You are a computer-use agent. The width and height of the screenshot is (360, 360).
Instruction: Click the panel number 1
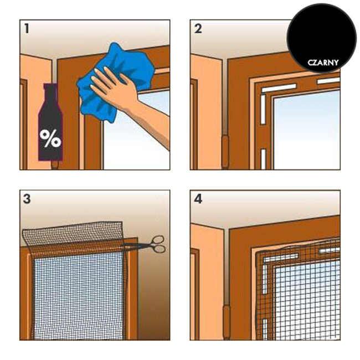(x=27, y=29)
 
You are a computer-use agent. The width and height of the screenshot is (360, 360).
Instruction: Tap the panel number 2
(x=198, y=29)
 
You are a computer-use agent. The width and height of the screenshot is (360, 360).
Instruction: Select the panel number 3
(x=27, y=199)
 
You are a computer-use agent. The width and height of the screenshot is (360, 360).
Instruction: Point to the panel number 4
(x=198, y=199)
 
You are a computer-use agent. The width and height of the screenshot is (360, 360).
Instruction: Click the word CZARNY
(x=323, y=63)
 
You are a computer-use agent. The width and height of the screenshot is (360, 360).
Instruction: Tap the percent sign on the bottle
(x=50, y=138)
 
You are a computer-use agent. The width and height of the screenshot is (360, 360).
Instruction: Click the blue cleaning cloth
(x=116, y=81)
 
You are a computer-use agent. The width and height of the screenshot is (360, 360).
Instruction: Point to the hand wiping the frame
(x=114, y=89)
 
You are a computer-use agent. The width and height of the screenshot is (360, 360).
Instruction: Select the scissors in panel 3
(x=147, y=245)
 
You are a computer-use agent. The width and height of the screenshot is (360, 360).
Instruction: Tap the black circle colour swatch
(x=322, y=38)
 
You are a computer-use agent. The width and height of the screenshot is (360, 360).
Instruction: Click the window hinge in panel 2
(x=225, y=152)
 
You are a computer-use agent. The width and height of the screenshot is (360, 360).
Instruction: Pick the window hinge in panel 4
(x=227, y=321)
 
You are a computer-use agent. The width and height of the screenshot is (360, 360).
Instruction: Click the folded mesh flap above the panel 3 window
(x=73, y=234)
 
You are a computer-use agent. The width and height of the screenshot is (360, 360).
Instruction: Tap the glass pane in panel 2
(x=307, y=130)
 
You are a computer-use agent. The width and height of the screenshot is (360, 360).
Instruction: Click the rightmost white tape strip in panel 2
(x=328, y=81)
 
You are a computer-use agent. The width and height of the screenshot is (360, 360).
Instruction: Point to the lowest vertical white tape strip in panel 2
(x=263, y=160)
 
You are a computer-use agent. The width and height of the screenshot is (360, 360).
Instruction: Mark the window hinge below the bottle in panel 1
(x=55, y=165)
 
